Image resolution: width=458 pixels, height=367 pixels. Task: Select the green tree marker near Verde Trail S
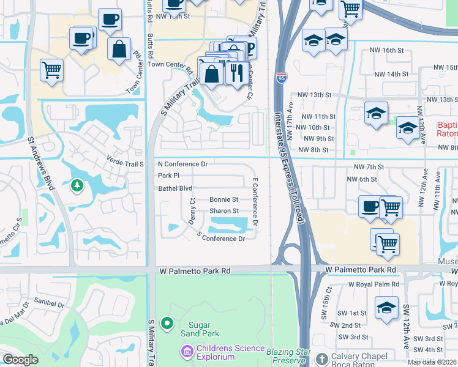(77, 185)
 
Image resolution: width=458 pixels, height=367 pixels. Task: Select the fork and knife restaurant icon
(235, 73)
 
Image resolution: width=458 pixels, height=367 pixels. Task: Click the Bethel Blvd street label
(175, 188)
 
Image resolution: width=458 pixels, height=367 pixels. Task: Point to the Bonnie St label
(223, 199)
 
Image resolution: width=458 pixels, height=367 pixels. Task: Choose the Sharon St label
(223, 211)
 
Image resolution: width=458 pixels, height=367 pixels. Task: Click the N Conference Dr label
(182, 164)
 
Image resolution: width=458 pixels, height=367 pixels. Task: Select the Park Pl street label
(168, 176)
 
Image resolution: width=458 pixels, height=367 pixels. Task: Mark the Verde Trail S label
(125, 164)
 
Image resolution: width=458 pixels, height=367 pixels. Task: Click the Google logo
(21, 360)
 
